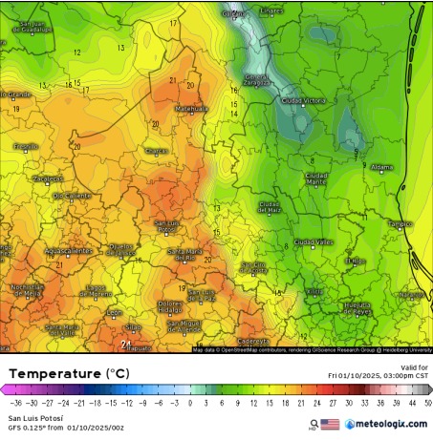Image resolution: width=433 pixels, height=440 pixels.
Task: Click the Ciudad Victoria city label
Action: (304, 100)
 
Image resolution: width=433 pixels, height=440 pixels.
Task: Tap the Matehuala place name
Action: (190, 109)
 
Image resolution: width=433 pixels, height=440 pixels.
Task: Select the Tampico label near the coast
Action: (400, 223)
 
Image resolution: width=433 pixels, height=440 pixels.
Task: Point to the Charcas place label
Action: (155, 151)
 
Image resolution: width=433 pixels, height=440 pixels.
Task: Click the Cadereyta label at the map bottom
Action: (253, 340)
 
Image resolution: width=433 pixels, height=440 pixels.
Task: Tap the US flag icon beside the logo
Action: (330, 424)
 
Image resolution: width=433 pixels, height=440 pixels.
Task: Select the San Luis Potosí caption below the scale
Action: (32, 418)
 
